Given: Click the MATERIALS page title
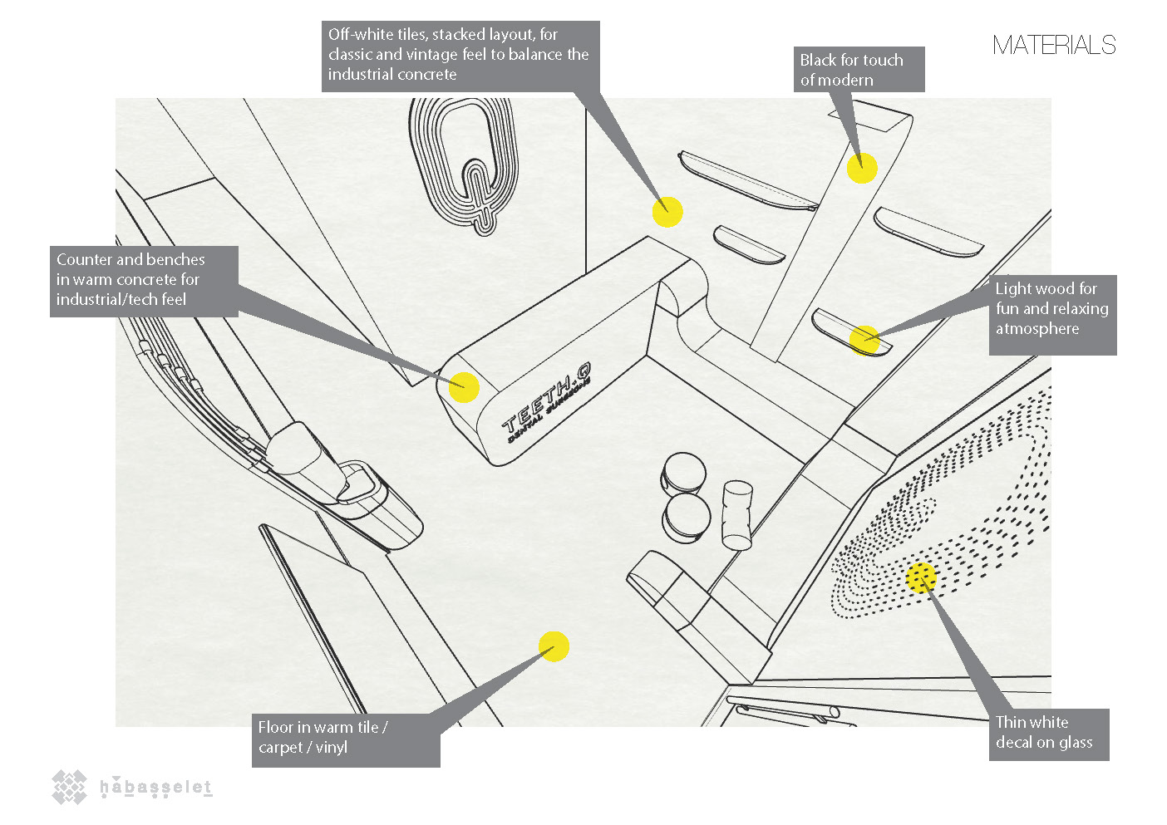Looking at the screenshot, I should click(x=1053, y=45).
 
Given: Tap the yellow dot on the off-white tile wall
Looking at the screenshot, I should click(x=667, y=212).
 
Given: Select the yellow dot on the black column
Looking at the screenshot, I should click(x=862, y=168).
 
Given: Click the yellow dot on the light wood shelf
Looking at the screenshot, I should click(x=864, y=340).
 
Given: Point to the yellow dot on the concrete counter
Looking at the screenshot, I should click(x=464, y=387).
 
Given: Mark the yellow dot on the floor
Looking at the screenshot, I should click(x=554, y=646).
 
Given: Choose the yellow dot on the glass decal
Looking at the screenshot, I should click(x=921, y=577).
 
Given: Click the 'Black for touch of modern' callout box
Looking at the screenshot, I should click(x=859, y=70).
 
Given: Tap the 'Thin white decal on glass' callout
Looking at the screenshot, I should click(x=1049, y=734).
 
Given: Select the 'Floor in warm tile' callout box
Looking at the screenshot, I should click(x=345, y=738).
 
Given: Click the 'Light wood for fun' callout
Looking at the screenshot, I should click(x=1051, y=314).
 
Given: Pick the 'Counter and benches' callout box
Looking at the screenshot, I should click(x=144, y=280).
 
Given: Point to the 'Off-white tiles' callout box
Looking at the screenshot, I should click(x=460, y=55).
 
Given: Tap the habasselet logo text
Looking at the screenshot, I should click(x=155, y=788).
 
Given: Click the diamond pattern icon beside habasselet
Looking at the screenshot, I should click(x=70, y=786).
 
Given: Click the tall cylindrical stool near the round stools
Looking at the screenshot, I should click(x=736, y=515).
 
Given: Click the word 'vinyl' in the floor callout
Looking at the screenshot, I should click(x=331, y=748).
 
